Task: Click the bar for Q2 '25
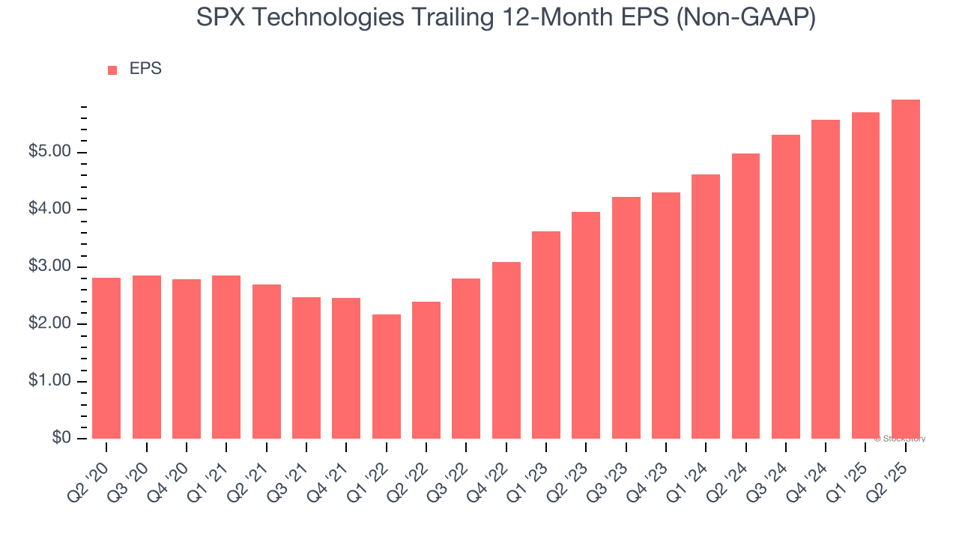(905, 269)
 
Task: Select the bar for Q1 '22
(386, 377)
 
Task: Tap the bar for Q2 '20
(106, 358)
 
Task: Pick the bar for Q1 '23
(545, 335)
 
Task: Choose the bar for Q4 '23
(665, 315)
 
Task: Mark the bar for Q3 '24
(785, 287)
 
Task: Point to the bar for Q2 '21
(266, 362)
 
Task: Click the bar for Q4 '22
(506, 350)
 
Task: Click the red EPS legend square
(112, 70)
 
